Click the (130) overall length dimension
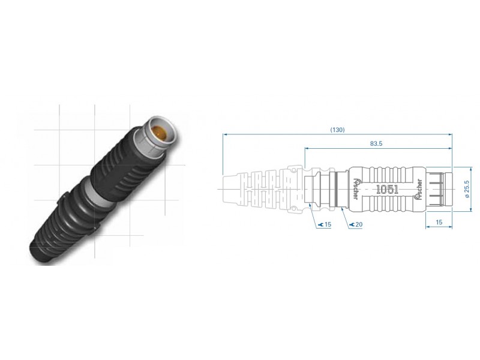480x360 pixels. (x=337, y=130)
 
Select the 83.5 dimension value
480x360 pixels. (x=376, y=143)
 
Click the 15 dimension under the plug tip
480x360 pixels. (x=439, y=222)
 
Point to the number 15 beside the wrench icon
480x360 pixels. (x=328, y=224)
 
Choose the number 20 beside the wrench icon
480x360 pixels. (x=359, y=224)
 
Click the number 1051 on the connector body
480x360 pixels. (x=387, y=190)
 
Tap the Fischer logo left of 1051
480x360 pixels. (x=356, y=188)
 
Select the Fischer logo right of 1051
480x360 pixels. (x=418, y=190)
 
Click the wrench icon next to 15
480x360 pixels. (x=321, y=224)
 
